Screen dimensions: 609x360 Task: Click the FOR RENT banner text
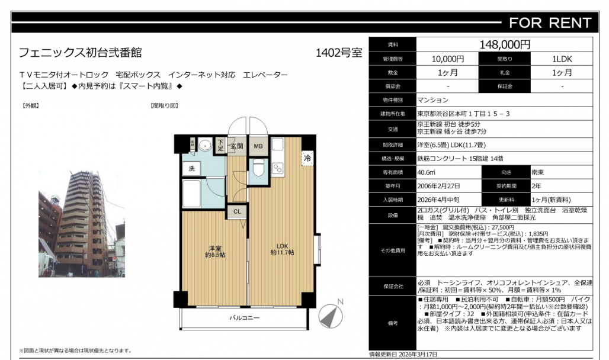[550, 23]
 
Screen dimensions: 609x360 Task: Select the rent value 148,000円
[505, 44]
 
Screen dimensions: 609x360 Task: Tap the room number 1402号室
[339, 53]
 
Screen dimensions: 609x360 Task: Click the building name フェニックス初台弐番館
[81, 53]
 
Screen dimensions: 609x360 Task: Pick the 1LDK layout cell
[562, 59]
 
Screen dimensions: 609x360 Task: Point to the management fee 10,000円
[448, 59]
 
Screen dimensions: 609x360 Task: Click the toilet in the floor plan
[258, 168]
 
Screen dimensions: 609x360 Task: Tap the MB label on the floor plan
[258, 146]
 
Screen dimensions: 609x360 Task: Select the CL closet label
[238, 211]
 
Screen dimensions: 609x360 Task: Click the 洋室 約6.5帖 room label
[215, 252]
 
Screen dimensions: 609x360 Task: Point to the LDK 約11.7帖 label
[283, 249]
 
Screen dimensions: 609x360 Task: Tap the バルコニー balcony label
[244, 318]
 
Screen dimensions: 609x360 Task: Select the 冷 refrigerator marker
[307, 158]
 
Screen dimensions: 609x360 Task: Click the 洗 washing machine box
[191, 168]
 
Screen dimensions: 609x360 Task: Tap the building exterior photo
[82, 223]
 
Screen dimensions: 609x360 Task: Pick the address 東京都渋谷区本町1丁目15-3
[463, 114]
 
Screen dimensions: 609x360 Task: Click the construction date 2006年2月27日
[438, 186]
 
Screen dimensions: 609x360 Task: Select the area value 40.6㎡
[427, 172]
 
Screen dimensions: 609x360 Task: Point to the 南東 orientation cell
[538, 172]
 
